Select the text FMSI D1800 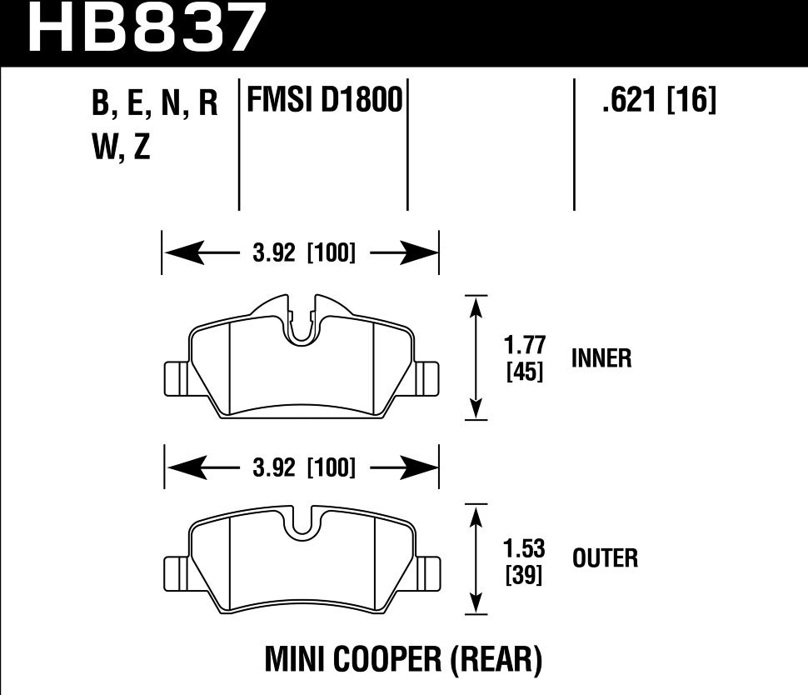[323, 102]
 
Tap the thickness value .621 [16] [658, 102]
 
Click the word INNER [601, 358]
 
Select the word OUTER [605, 557]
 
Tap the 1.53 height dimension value [525, 549]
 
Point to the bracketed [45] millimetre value [525, 373]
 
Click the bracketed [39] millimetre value [525, 575]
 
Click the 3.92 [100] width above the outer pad [303, 468]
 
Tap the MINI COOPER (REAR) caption [403, 660]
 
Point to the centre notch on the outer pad [302, 522]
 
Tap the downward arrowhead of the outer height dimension [476, 604]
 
